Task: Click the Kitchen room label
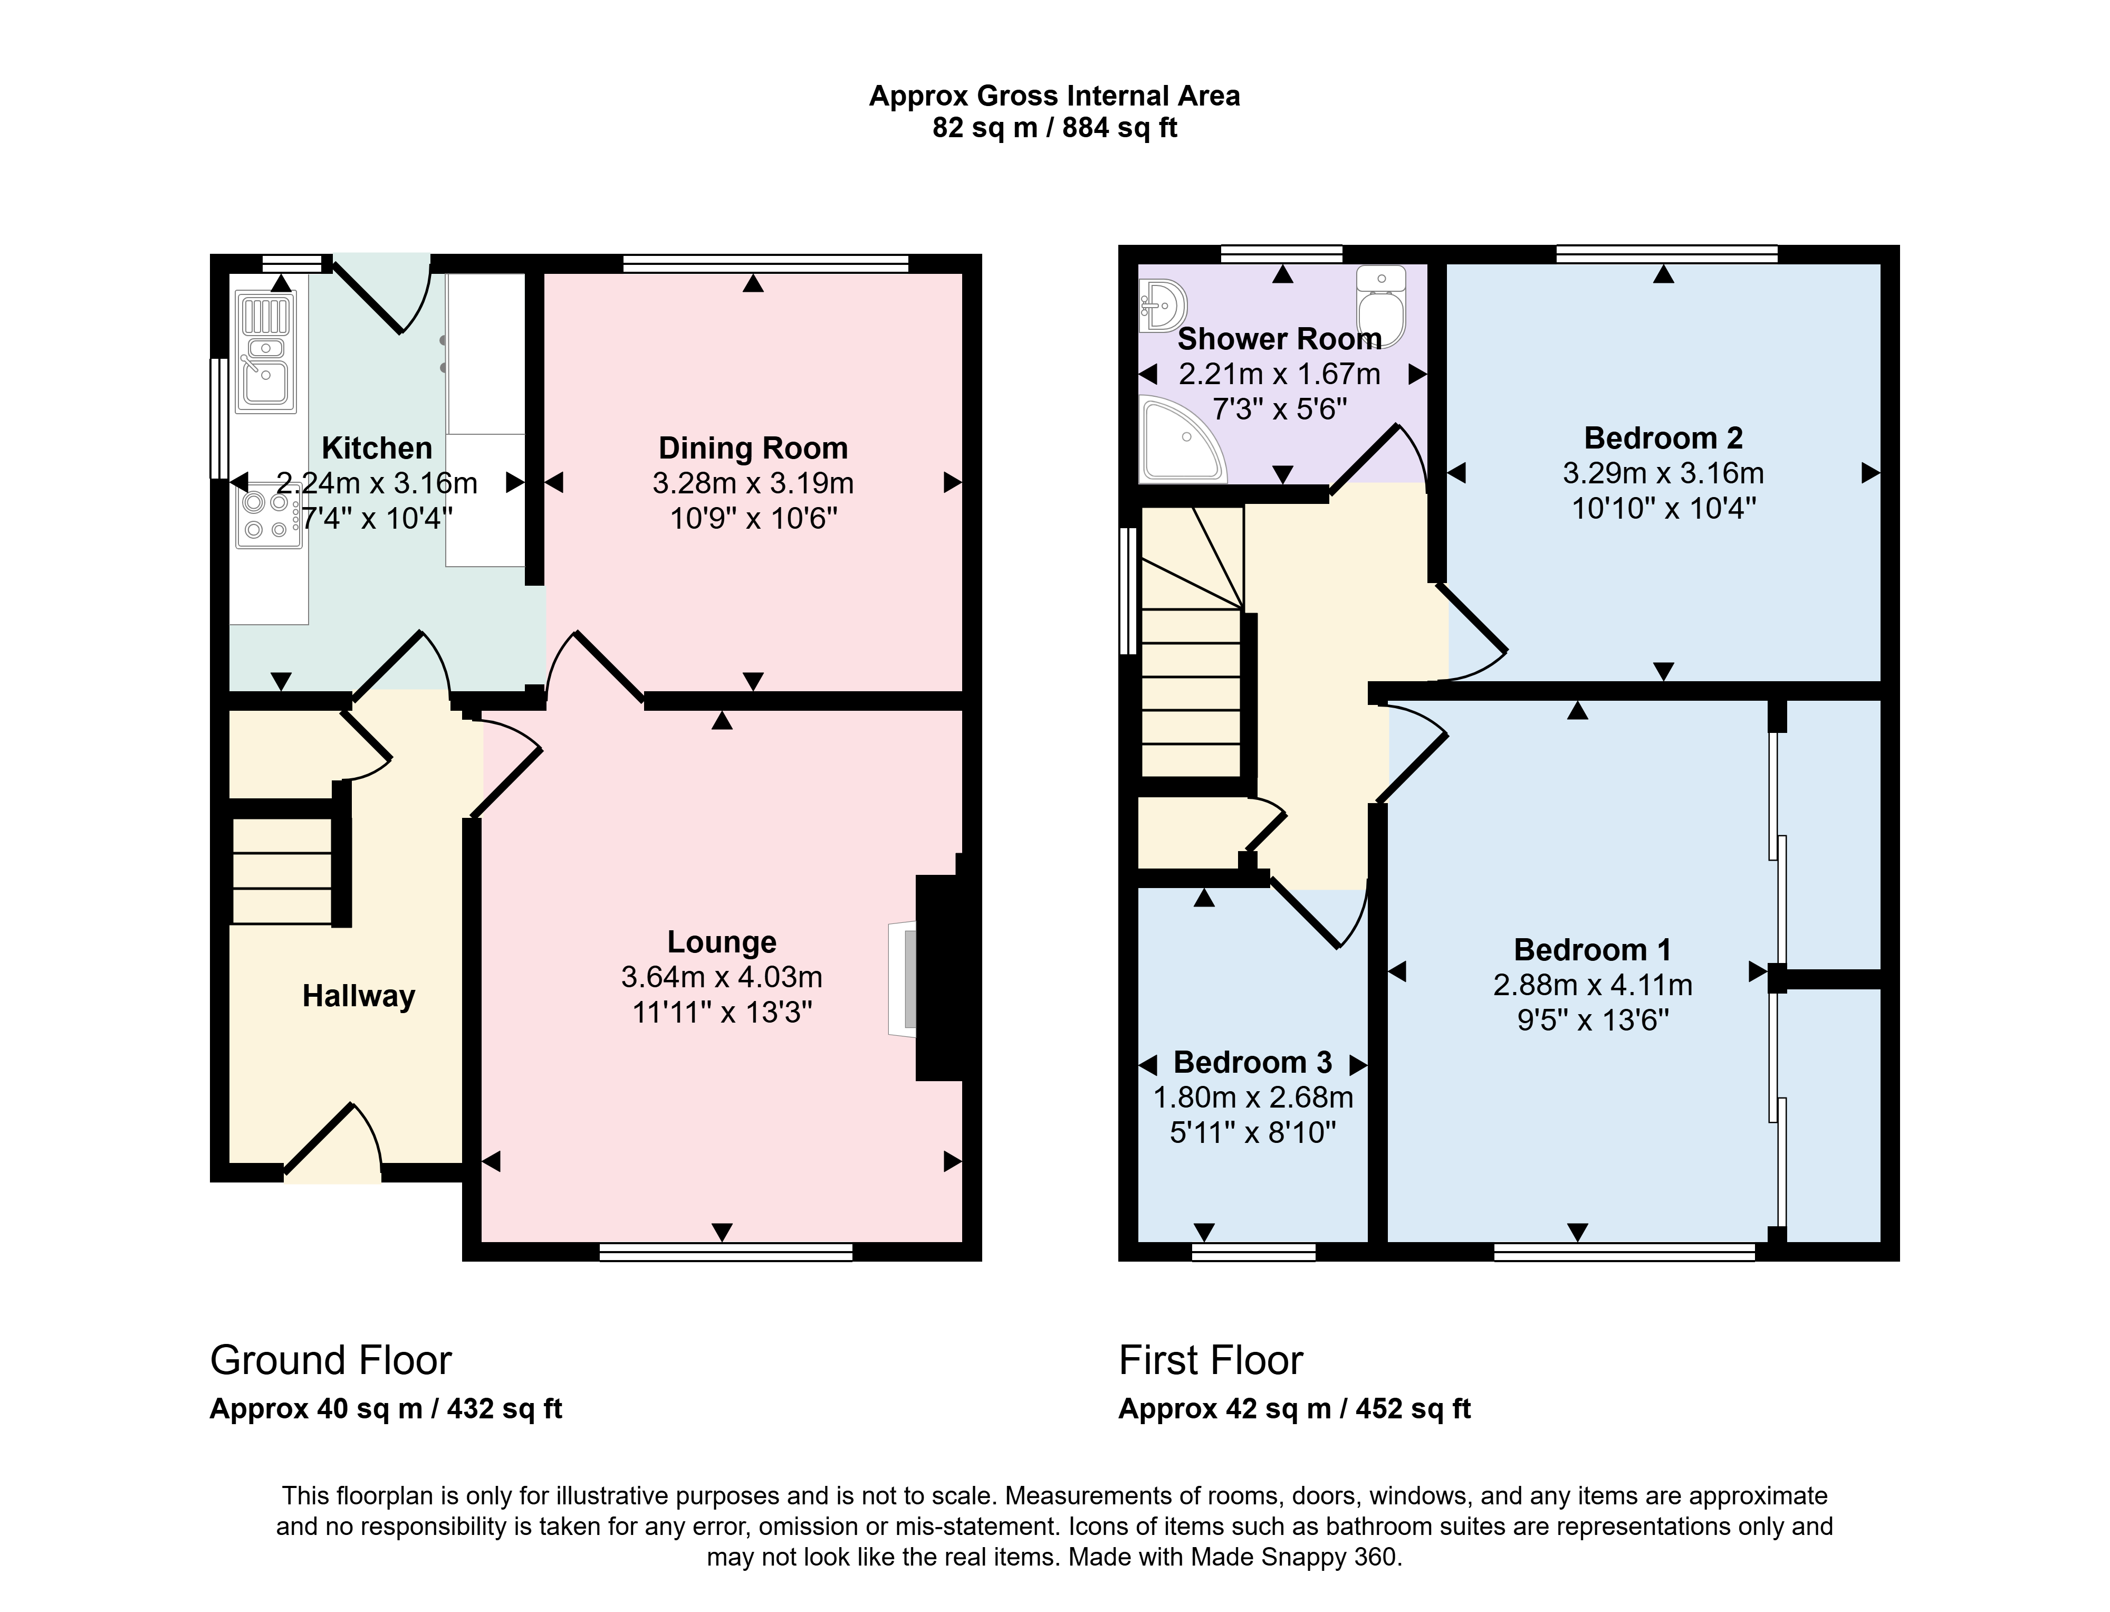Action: pyautogui.click(x=377, y=448)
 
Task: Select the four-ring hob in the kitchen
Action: pyautogui.click(x=268, y=516)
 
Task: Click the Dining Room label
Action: pyautogui.click(x=753, y=448)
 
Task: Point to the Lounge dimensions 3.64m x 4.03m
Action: pyautogui.click(x=721, y=977)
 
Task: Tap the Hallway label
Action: pyautogui.click(x=359, y=996)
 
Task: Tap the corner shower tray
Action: pyautogui.click(x=1182, y=438)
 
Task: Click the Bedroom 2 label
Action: pyautogui.click(x=1663, y=437)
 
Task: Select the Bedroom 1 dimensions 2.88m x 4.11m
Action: pyautogui.click(x=1592, y=985)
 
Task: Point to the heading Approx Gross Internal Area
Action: pyautogui.click(x=1054, y=96)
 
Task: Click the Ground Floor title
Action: pyautogui.click(x=331, y=1361)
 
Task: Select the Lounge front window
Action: pyautogui.click(x=726, y=1251)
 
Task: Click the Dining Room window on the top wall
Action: pyautogui.click(x=765, y=263)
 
